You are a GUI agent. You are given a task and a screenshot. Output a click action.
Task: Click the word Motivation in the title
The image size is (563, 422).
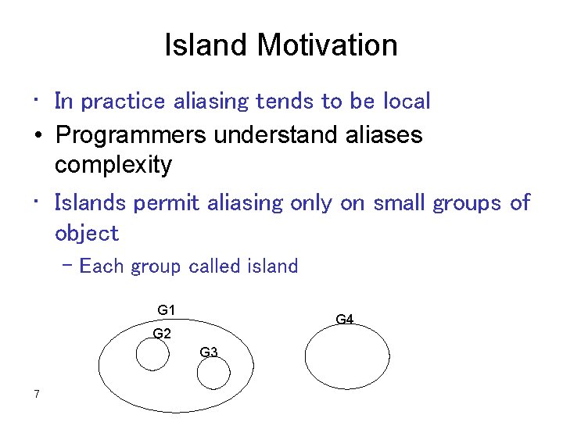(x=328, y=45)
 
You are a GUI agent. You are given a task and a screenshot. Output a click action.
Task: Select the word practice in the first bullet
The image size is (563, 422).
(x=123, y=102)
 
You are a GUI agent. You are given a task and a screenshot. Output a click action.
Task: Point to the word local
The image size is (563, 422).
(x=407, y=102)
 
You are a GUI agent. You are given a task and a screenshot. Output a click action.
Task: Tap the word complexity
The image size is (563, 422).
(x=113, y=166)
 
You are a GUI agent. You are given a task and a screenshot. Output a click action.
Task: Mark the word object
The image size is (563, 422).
(x=87, y=234)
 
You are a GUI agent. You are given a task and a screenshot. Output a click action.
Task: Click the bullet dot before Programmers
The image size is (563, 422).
(x=38, y=135)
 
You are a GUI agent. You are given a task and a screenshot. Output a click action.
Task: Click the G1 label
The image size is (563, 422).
(x=166, y=310)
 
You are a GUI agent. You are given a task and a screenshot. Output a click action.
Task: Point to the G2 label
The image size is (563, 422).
(x=162, y=334)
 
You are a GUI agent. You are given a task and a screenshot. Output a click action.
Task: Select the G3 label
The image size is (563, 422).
(x=209, y=352)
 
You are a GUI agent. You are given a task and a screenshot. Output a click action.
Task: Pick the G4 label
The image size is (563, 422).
(x=345, y=319)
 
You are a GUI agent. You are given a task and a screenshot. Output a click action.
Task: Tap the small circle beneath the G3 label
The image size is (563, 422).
(x=213, y=374)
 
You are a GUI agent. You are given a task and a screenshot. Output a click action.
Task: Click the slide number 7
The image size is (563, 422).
(x=37, y=393)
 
